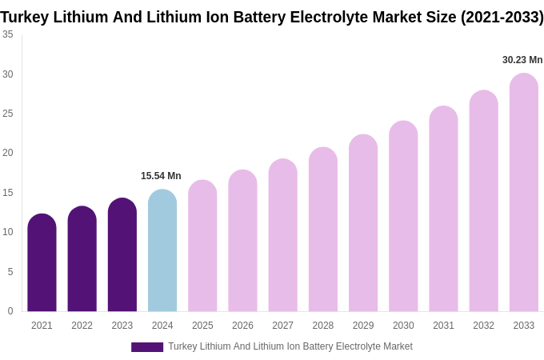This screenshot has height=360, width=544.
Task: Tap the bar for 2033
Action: tap(524, 192)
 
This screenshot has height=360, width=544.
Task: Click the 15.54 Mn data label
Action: tap(161, 176)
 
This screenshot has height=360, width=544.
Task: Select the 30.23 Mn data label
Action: tap(522, 60)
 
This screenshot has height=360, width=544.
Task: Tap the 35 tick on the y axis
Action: tap(8, 34)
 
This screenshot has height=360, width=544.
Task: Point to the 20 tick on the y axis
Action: tap(8, 153)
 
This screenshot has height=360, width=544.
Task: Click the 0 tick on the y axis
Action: tap(10, 311)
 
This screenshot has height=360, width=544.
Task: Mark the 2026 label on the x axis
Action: tap(242, 326)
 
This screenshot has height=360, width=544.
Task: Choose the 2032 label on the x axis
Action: tap(483, 326)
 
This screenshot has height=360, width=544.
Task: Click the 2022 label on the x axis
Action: tap(82, 326)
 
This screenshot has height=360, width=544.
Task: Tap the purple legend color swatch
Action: tap(147, 347)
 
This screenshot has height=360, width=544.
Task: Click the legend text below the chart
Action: tap(290, 346)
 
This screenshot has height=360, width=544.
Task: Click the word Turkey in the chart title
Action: tap(25, 17)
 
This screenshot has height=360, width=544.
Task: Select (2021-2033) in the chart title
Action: tap(502, 17)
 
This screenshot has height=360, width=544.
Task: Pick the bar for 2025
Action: tap(202, 246)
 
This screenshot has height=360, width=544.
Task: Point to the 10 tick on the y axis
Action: tap(8, 232)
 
